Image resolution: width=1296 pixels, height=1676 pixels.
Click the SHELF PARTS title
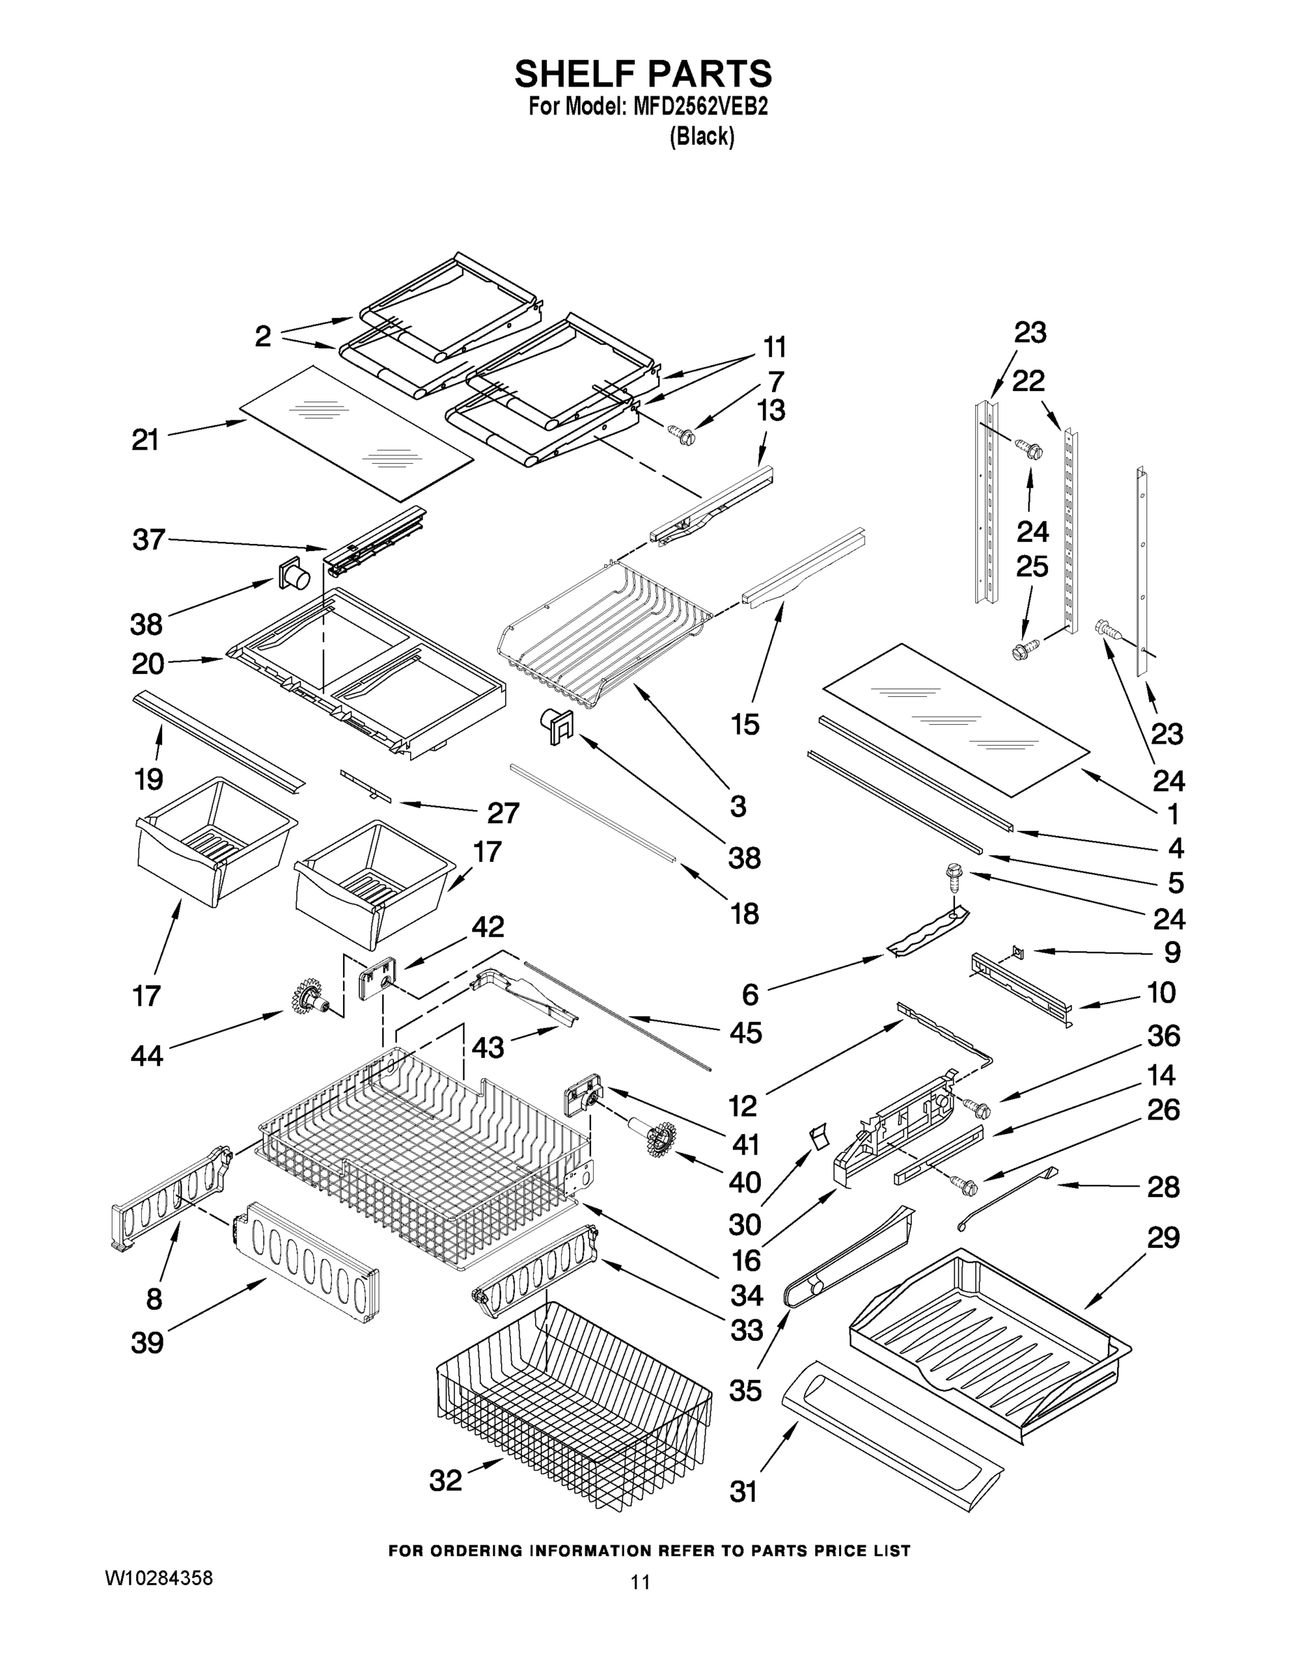pos(643,75)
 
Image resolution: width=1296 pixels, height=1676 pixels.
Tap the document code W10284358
pos(159,1578)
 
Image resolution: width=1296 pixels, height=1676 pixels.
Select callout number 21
pos(145,440)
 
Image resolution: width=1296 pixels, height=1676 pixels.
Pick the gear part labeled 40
pos(660,1138)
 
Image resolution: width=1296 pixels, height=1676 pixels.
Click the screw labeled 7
pos(682,435)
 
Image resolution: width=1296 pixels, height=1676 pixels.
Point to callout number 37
pos(148,540)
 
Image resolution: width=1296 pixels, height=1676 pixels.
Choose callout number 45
pos(745,1032)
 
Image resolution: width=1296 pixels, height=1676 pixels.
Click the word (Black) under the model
pos(701,138)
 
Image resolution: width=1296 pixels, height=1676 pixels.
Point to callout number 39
pos(147,1343)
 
